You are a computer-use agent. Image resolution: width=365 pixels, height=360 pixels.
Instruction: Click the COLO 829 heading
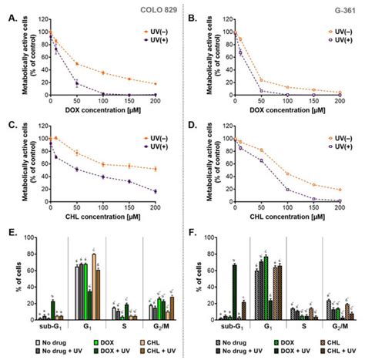160,8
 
